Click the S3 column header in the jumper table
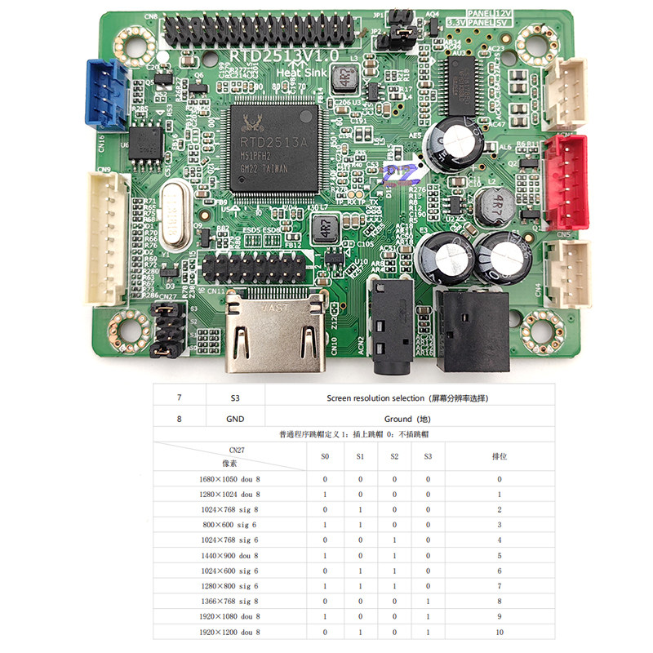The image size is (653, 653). point(428,456)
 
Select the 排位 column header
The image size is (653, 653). point(500,456)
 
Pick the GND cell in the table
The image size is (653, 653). point(235,419)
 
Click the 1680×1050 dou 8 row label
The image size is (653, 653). point(231,479)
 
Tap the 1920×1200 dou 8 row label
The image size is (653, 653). point(231,633)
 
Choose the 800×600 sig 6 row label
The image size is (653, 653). point(231,525)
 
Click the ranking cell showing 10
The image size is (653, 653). point(500,633)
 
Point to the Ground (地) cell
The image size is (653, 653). point(408,419)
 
